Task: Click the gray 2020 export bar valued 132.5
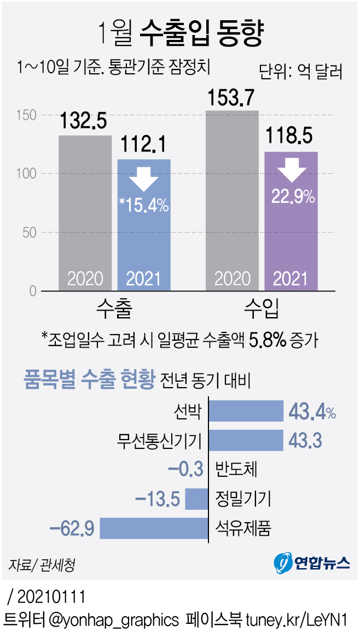click(85, 213)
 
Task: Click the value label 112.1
click(144, 144)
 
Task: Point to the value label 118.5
click(291, 136)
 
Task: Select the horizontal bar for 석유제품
click(154, 528)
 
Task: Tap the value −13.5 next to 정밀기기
click(158, 499)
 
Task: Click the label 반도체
click(236, 469)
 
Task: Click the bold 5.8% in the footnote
click(268, 341)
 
